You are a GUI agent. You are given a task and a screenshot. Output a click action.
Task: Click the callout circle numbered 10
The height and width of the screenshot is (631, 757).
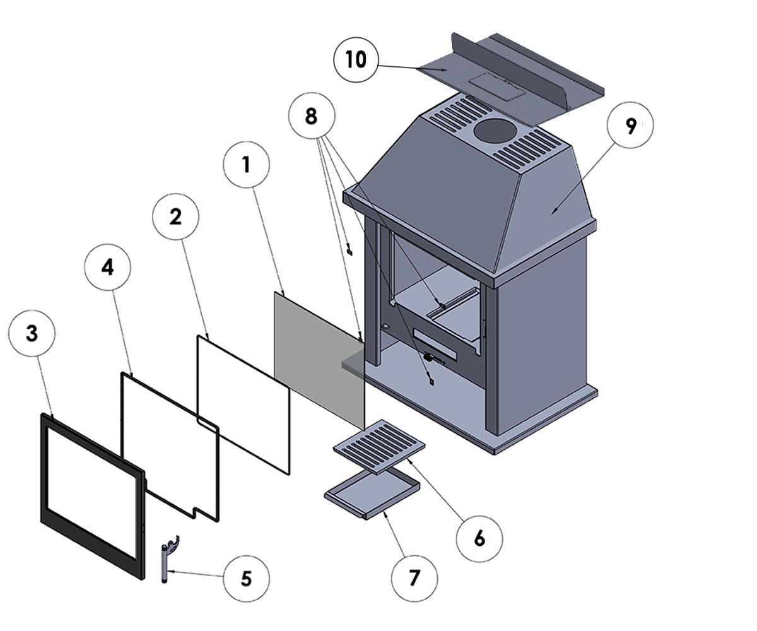pyautogui.click(x=355, y=59)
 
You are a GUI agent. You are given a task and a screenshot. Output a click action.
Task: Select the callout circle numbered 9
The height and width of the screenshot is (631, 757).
pyautogui.click(x=630, y=126)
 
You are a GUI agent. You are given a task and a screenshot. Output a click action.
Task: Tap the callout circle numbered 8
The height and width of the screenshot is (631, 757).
pyautogui.click(x=311, y=117)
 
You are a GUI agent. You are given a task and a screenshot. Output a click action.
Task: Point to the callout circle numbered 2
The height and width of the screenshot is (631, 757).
pyautogui.click(x=175, y=216)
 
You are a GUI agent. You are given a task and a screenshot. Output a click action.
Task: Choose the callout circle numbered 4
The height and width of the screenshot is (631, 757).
pyautogui.click(x=108, y=267)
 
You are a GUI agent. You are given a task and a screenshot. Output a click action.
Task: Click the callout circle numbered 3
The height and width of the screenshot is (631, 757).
pyautogui.click(x=32, y=334)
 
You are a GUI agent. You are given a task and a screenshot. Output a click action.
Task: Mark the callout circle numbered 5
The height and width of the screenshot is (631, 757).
pyautogui.click(x=246, y=578)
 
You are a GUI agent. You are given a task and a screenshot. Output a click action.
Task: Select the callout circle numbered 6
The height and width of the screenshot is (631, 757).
pyautogui.click(x=479, y=539)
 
